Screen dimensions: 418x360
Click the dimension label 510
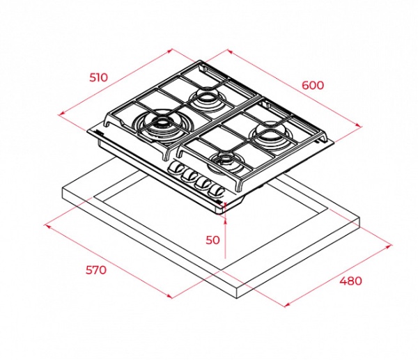pos(99,77)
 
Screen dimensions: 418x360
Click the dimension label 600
pos(313,85)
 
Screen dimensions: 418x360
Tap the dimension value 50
pos(212,240)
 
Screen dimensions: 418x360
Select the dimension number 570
pos(96,270)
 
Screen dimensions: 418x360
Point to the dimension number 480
pos(351,281)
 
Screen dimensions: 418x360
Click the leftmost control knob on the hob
pos(176,168)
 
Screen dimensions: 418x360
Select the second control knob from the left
pos(189,175)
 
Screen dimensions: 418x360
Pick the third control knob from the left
pos(203,182)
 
